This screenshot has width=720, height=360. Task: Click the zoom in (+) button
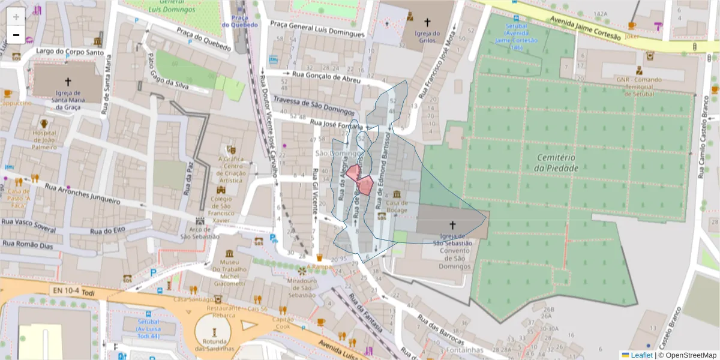tap(16, 16)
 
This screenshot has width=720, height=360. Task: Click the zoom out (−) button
tap(16, 35)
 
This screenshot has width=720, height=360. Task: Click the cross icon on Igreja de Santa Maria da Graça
tap(67, 82)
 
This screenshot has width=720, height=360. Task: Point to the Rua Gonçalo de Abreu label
tap(326, 76)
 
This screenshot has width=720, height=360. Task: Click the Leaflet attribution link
tap(641, 355)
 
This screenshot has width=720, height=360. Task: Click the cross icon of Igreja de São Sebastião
tap(452, 225)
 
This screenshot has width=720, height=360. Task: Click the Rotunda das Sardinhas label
tap(213, 345)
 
